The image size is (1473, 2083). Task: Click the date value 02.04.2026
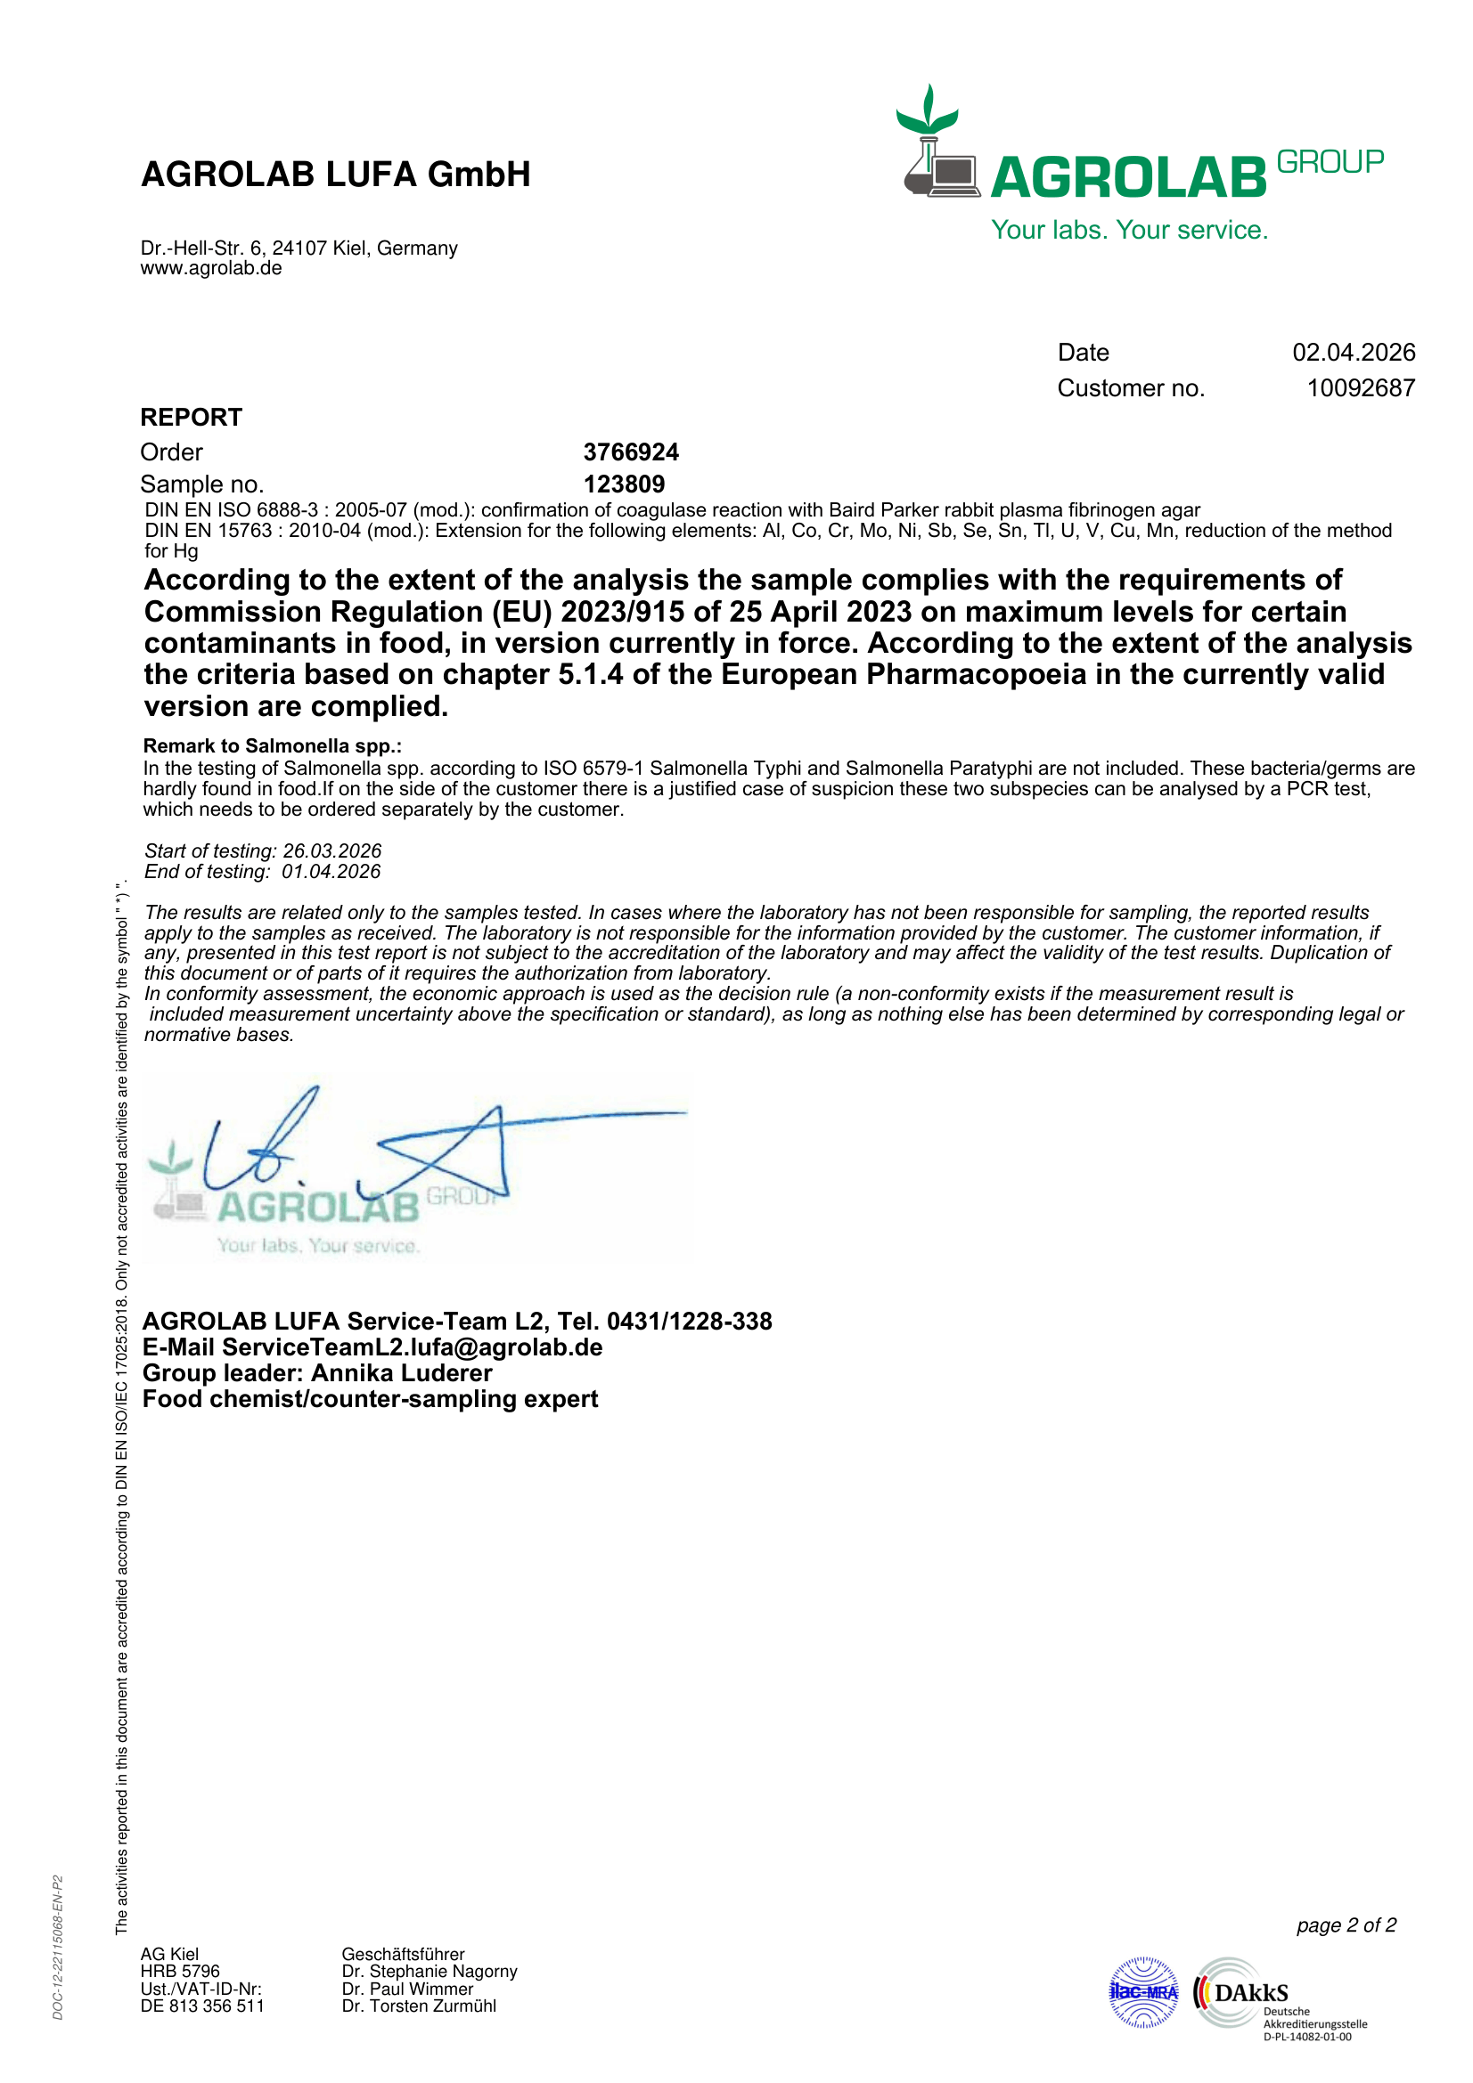(1354, 352)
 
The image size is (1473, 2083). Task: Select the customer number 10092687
(1361, 388)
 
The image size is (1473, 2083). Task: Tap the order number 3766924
(631, 452)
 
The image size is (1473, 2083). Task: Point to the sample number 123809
(624, 484)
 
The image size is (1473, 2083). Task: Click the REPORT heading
(191, 418)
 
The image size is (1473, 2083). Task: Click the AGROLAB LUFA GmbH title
(335, 175)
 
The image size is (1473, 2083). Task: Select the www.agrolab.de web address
(210, 269)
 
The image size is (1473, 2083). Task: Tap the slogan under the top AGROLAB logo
(1129, 231)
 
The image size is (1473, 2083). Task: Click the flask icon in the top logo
(927, 166)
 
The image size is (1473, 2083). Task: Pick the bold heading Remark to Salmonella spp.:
(273, 745)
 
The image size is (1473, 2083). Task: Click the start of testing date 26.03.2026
(332, 851)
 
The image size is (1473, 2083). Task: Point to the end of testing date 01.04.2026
(331, 872)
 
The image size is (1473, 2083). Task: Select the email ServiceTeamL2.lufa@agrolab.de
(412, 1347)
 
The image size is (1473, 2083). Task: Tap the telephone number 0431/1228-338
(689, 1321)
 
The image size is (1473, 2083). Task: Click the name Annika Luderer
(401, 1373)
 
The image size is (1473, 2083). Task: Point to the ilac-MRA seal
(1143, 1992)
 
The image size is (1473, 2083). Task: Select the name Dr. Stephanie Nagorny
(430, 1972)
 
